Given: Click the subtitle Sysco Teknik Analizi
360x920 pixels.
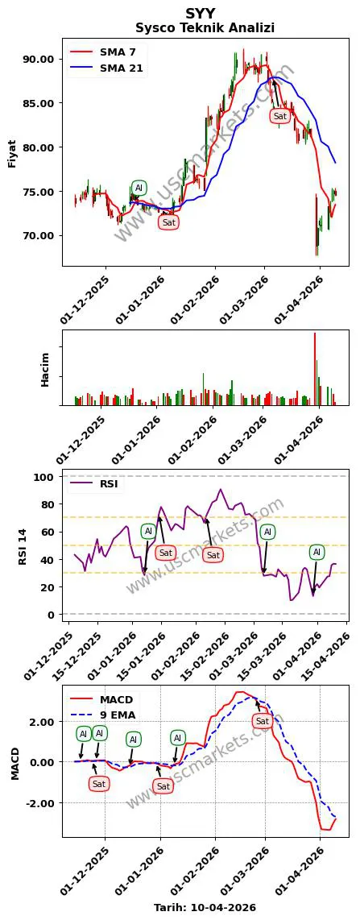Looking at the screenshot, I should [x=205, y=27].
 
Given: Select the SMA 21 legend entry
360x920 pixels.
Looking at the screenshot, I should [x=121, y=68].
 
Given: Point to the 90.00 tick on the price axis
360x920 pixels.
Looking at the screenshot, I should [x=39, y=59].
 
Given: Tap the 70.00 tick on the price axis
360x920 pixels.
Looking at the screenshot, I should [x=39, y=236].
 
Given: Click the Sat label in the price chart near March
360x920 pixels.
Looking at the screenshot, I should [x=279, y=116].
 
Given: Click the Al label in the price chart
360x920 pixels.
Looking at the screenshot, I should [x=139, y=189].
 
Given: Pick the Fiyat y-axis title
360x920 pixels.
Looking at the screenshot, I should [x=12, y=151].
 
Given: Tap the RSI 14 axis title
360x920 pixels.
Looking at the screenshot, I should [x=24, y=545].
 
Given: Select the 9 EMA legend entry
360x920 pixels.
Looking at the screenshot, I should [x=118, y=714].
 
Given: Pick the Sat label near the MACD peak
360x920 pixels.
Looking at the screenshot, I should [x=262, y=721].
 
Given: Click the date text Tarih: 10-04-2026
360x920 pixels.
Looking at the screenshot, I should [x=205, y=907].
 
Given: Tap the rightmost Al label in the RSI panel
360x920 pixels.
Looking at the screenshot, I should [x=317, y=552].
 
